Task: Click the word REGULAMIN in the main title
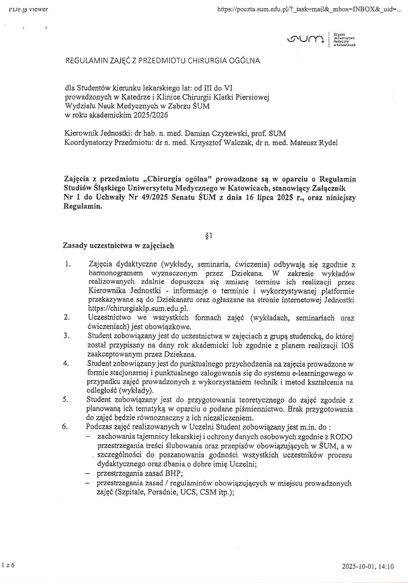86,60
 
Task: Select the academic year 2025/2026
150,115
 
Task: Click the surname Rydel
327,143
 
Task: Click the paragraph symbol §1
208,237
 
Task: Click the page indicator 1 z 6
8,566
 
